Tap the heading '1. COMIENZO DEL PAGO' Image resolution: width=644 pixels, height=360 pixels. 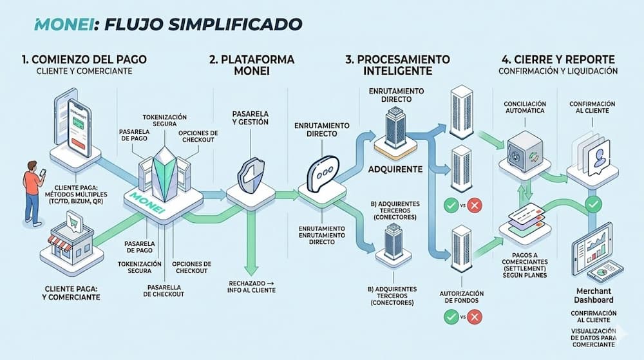click(x=84, y=59)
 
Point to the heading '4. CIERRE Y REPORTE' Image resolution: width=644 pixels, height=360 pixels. click(x=557, y=59)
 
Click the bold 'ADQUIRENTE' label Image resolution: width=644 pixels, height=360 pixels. click(x=394, y=169)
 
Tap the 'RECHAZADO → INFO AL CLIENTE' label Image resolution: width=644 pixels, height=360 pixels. click(x=252, y=287)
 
